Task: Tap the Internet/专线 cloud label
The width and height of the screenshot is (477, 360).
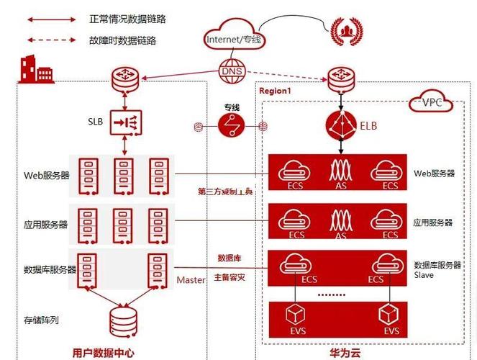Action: click(232, 40)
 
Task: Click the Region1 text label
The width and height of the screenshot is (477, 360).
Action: click(275, 91)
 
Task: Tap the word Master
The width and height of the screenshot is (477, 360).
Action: click(191, 279)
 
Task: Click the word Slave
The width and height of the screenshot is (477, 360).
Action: click(424, 275)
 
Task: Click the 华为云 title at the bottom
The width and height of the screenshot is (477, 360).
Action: click(344, 352)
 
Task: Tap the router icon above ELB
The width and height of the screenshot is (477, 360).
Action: click(341, 78)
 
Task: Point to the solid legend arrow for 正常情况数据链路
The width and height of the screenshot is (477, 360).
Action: click(52, 19)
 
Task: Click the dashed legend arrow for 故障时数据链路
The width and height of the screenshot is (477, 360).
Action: click(52, 41)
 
